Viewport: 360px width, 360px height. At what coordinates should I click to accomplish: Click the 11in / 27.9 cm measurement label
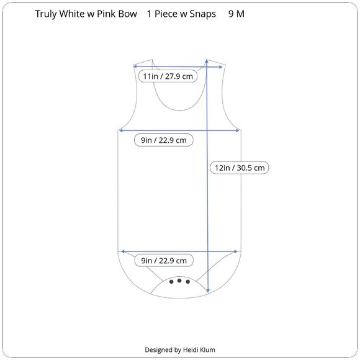click(168, 76)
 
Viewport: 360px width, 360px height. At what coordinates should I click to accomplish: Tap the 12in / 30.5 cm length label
click(240, 168)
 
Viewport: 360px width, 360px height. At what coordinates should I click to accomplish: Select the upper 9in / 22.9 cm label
click(164, 140)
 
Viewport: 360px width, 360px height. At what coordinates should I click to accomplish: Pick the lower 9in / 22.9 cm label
click(164, 261)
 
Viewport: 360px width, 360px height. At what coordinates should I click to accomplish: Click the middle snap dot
click(179, 281)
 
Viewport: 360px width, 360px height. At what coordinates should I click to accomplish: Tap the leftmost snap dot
click(171, 282)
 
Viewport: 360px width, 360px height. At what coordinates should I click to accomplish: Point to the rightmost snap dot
click(188, 282)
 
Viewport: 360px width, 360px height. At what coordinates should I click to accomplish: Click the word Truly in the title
click(46, 14)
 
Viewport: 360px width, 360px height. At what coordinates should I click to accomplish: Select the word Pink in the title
click(106, 14)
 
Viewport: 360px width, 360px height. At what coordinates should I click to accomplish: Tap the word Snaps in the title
click(203, 14)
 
